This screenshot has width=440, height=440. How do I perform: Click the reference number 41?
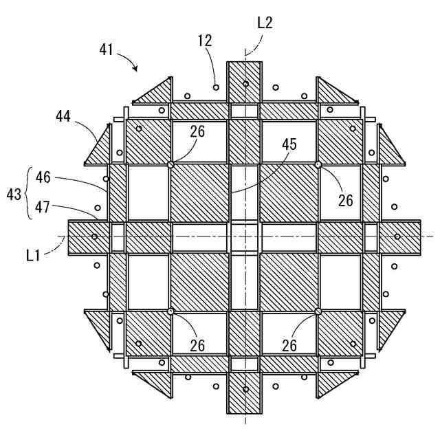click(x=106, y=49)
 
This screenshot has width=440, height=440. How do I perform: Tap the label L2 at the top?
click(x=265, y=23)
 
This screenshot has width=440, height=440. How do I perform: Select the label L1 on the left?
click(x=34, y=255)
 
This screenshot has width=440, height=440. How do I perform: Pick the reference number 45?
click(x=289, y=144)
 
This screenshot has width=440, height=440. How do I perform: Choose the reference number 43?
click(x=14, y=195)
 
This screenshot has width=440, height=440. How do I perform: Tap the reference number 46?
click(x=43, y=177)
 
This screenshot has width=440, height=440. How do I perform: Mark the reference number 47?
click(x=43, y=207)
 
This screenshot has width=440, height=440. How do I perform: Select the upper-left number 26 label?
click(x=197, y=131)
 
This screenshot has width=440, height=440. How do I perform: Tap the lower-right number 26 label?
click(x=289, y=345)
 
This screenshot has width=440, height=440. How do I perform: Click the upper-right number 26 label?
click(x=345, y=199)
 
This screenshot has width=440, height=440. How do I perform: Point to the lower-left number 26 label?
click(x=197, y=345)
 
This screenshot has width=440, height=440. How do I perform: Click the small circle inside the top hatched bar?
click(x=245, y=85)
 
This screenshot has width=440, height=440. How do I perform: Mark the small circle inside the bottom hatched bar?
click(x=245, y=390)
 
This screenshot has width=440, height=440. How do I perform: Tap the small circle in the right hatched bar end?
click(x=397, y=236)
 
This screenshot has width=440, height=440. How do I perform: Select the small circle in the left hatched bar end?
click(x=94, y=236)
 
